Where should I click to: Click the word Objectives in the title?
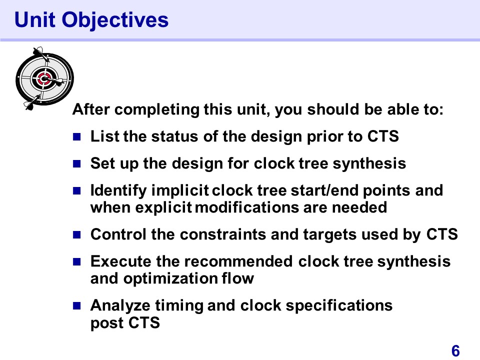[115, 20]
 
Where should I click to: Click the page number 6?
[455, 351]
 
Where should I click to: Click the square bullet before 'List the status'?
[76, 136]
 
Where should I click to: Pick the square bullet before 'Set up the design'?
[76, 164]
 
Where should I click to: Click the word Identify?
[118, 190]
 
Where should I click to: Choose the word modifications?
[246, 207]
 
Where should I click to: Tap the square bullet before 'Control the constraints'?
[76, 235]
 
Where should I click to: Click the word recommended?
[238, 261]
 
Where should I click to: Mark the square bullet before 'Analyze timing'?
[76, 305]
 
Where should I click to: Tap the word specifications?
[339, 306]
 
